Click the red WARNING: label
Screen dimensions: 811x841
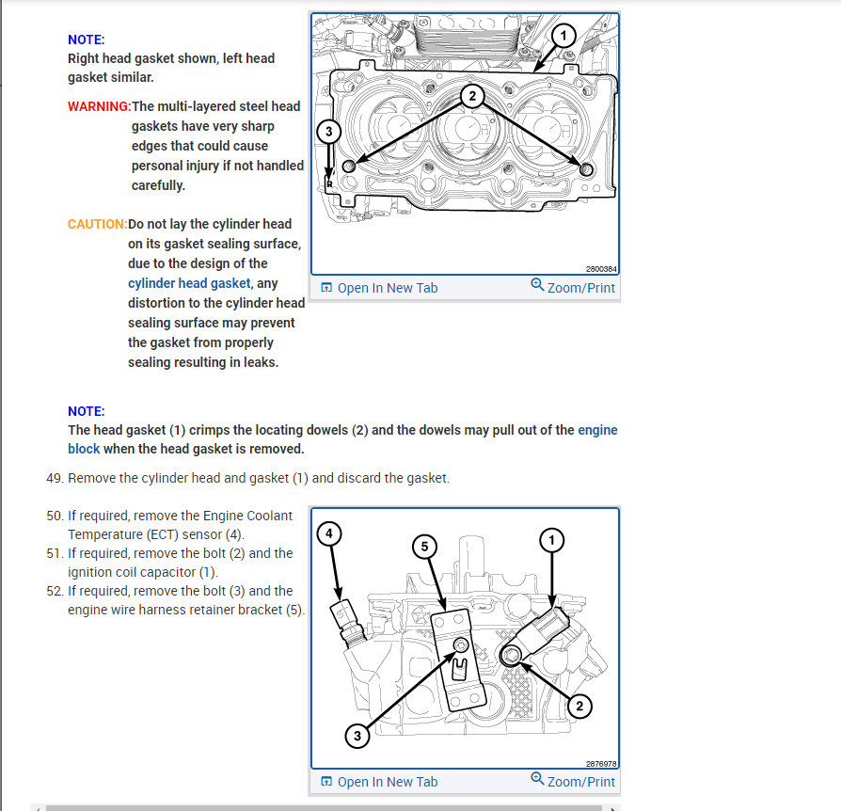tap(99, 106)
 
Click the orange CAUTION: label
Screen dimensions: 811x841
tap(97, 224)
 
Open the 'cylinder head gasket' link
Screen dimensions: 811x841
tap(189, 283)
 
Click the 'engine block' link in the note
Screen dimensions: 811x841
tap(596, 430)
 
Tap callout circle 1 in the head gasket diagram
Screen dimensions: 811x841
tap(561, 37)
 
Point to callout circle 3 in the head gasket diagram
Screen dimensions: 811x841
tap(327, 132)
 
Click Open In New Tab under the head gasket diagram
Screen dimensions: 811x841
tap(379, 288)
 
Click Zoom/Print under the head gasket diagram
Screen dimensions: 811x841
tap(573, 287)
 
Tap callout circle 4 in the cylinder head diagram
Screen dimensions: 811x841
tap(327, 534)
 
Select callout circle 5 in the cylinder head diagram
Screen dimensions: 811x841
tap(424, 546)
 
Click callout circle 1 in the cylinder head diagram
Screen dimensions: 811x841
tap(551, 539)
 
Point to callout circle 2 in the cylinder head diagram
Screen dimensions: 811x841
tap(579, 706)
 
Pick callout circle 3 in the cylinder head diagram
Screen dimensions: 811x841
tap(357, 736)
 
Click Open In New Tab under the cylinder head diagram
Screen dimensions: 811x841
tap(379, 782)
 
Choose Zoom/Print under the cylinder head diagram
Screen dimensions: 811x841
tap(573, 781)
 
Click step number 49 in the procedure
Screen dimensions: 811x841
tap(55, 478)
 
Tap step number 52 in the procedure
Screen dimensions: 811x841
tap(55, 591)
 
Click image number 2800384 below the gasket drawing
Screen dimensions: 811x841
tap(600, 269)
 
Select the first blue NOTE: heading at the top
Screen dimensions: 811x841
tap(87, 40)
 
